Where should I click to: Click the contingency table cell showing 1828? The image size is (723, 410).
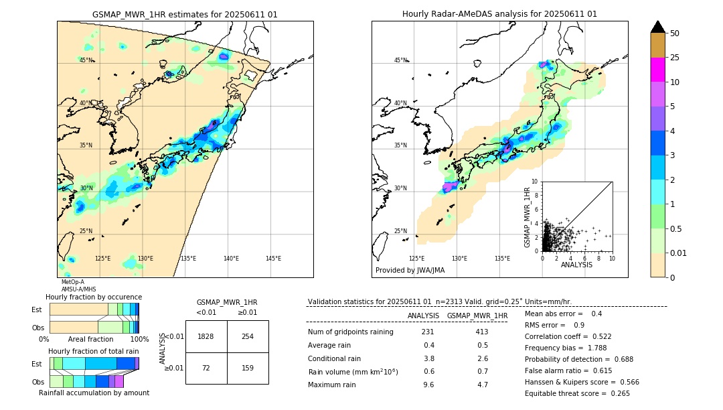point(206,336)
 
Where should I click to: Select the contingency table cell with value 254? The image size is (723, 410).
point(248,336)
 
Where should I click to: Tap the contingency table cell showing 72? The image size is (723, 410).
point(206,368)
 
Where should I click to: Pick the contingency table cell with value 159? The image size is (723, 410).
point(248,368)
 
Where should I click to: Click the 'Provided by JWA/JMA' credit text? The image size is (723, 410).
point(410,270)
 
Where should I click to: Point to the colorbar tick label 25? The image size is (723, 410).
point(675,58)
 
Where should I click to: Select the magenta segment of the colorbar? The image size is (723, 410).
point(658,70)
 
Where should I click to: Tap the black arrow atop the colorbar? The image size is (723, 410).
point(658,27)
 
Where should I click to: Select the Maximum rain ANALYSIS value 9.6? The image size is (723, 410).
point(428,385)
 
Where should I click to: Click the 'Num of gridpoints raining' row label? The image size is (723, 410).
point(351,332)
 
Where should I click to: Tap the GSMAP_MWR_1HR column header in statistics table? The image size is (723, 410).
point(477,316)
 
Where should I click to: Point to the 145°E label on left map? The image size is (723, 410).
point(273,259)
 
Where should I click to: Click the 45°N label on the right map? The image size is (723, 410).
point(400,60)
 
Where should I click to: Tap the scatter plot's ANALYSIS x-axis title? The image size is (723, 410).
point(576,265)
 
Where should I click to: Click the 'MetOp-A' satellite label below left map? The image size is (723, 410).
point(72,282)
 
